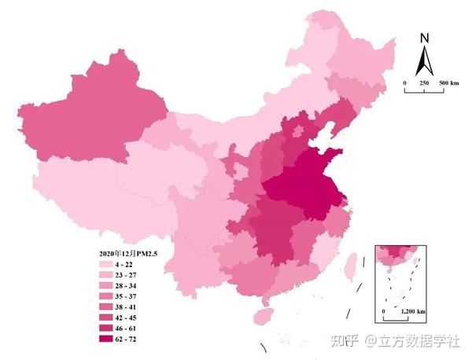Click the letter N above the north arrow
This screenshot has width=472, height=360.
tap(424, 37)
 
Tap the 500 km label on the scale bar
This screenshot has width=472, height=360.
tap(448, 83)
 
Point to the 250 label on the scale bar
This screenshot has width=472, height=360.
tap(424, 83)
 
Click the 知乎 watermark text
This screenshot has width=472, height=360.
tap(345, 340)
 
